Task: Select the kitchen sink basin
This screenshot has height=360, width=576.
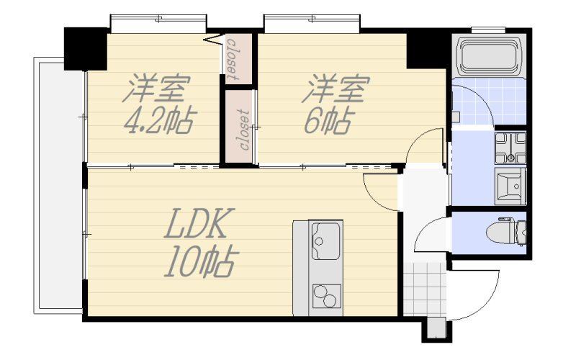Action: point(325,241)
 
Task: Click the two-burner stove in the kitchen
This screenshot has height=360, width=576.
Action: point(326,296)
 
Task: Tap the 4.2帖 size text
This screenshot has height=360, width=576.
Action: point(159,120)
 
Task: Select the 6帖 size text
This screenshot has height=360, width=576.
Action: point(330,120)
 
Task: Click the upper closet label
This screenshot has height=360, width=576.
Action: point(233,59)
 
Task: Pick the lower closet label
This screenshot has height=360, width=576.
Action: point(244,130)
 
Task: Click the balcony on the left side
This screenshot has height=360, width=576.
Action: point(59,186)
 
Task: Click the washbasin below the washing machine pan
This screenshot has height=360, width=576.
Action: point(510,186)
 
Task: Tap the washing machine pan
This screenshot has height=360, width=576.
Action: point(510,148)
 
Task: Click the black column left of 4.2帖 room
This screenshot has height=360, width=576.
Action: point(85,48)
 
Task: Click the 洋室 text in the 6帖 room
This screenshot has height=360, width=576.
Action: point(335,88)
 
